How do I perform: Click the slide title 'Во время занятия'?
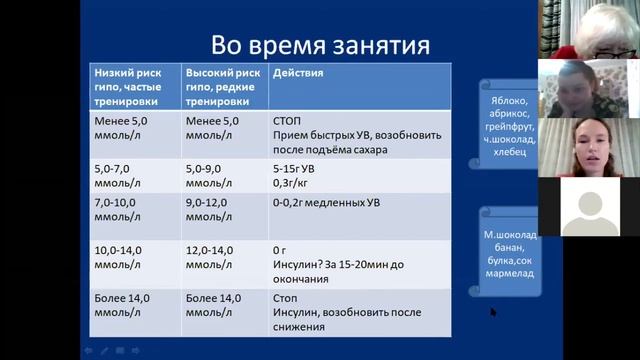(320, 45)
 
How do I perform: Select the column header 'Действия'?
(297, 74)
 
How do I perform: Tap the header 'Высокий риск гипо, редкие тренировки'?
(225, 87)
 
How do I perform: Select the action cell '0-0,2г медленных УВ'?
(326, 203)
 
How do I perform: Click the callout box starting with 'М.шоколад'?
(511, 255)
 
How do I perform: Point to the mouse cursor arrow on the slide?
(493, 312)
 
